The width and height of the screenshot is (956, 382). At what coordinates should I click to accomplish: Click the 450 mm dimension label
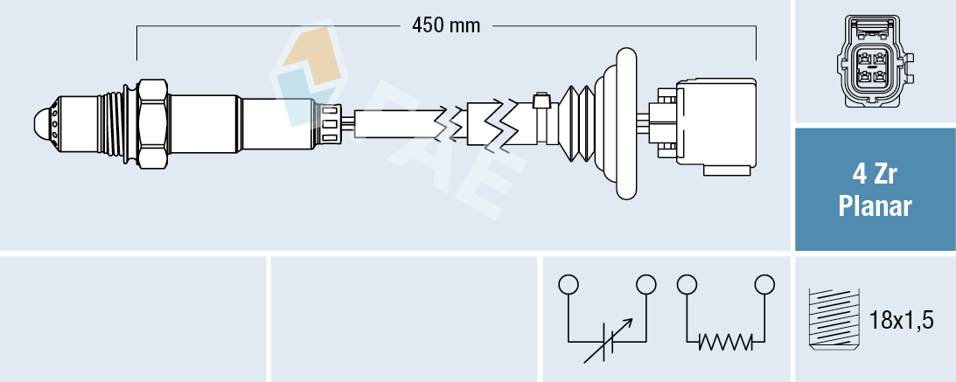pyautogui.click(x=446, y=25)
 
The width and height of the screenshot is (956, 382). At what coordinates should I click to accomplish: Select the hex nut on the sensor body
pyautogui.click(x=152, y=123)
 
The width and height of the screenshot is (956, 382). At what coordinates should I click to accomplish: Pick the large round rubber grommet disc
pyautogui.click(x=626, y=123)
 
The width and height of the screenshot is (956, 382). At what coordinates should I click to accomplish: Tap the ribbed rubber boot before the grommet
pyautogui.click(x=577, y=123)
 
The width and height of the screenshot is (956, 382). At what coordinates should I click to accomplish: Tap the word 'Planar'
pyautogui.click(x=875, y=207)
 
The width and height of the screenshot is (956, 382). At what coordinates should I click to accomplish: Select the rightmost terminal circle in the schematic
pyautogui.click(x=765, y=284)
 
